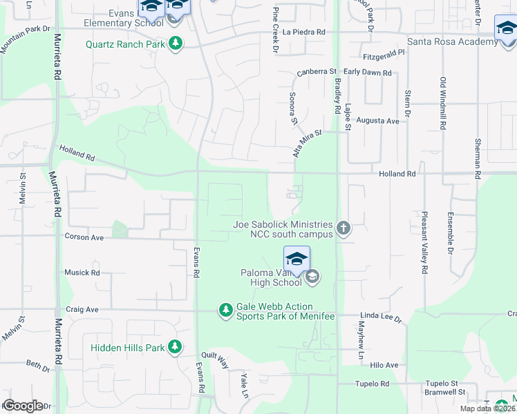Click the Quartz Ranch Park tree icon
pos(176,44)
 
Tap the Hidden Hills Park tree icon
pos(176,347)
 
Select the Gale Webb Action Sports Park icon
pos(225,310)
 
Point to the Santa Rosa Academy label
pos(452,41)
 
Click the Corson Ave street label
pos(84,237)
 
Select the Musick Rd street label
pos(82,273)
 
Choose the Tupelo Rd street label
pos(373,384)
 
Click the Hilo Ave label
pos(384,365)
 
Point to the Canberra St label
pos(317,72)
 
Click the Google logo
pos(23,406)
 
